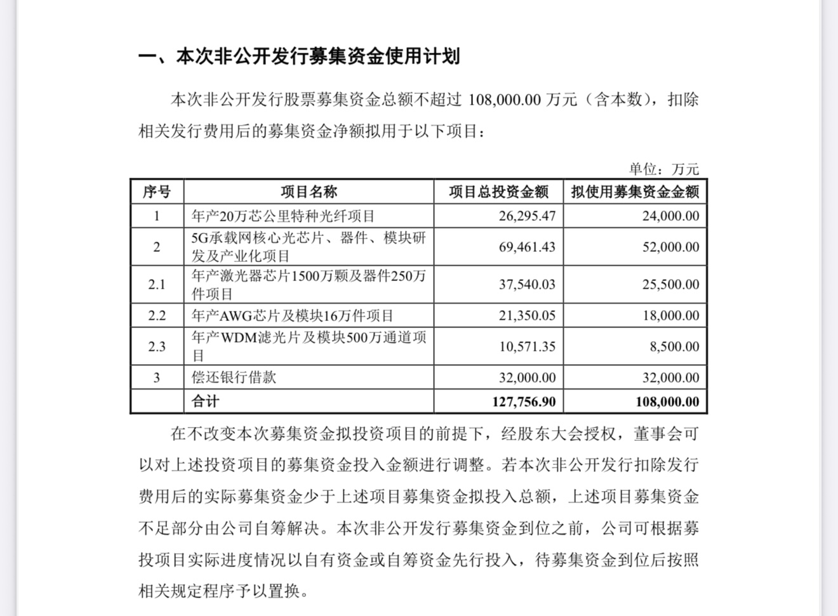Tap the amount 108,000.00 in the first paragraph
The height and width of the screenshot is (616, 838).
(x=504, y=100)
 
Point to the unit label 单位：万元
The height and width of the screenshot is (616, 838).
(x=663, y=169)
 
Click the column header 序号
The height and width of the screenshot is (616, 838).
(x=157, y=192)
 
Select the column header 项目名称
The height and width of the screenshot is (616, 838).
(x=309, y=192)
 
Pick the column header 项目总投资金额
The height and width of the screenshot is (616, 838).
(x=498, y=192)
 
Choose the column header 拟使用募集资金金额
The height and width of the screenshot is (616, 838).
(x=635, y=192)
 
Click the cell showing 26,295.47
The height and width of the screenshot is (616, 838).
(x=526, y=216)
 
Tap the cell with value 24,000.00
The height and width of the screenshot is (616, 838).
(x=670, y=216)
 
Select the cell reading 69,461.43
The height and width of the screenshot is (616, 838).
(x=526, y=247)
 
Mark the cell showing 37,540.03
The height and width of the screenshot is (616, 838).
(x=526, y=284)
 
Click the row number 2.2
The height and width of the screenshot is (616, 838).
(x=157, y=315)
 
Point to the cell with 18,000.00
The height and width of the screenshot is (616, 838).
(x=670, y=315)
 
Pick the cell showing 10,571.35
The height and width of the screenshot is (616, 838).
(x=526, y=346)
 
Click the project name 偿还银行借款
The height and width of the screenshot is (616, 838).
(x=234, y=377)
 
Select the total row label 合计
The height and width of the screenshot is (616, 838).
(x=205, y=402)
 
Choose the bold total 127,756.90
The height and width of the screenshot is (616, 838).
(x=523, y=402)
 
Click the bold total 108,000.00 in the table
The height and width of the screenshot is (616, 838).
(x=667, y=402)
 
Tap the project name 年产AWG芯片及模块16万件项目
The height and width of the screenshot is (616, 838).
(x=293, y=315)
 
